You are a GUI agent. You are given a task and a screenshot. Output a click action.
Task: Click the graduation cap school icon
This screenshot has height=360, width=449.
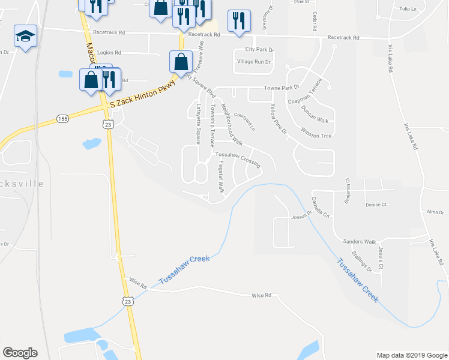25,37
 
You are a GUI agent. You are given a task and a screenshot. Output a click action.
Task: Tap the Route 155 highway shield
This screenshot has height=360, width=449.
62,119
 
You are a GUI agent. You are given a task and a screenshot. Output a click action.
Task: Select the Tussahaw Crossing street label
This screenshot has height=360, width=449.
238,158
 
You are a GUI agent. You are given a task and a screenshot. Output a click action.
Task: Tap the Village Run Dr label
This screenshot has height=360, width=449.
254,62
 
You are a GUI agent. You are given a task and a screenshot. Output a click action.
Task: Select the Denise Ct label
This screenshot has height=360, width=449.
376,204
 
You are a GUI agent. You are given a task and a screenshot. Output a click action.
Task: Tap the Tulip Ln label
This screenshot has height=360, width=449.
408,10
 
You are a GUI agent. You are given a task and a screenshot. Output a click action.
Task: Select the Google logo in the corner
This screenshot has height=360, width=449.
20,353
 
